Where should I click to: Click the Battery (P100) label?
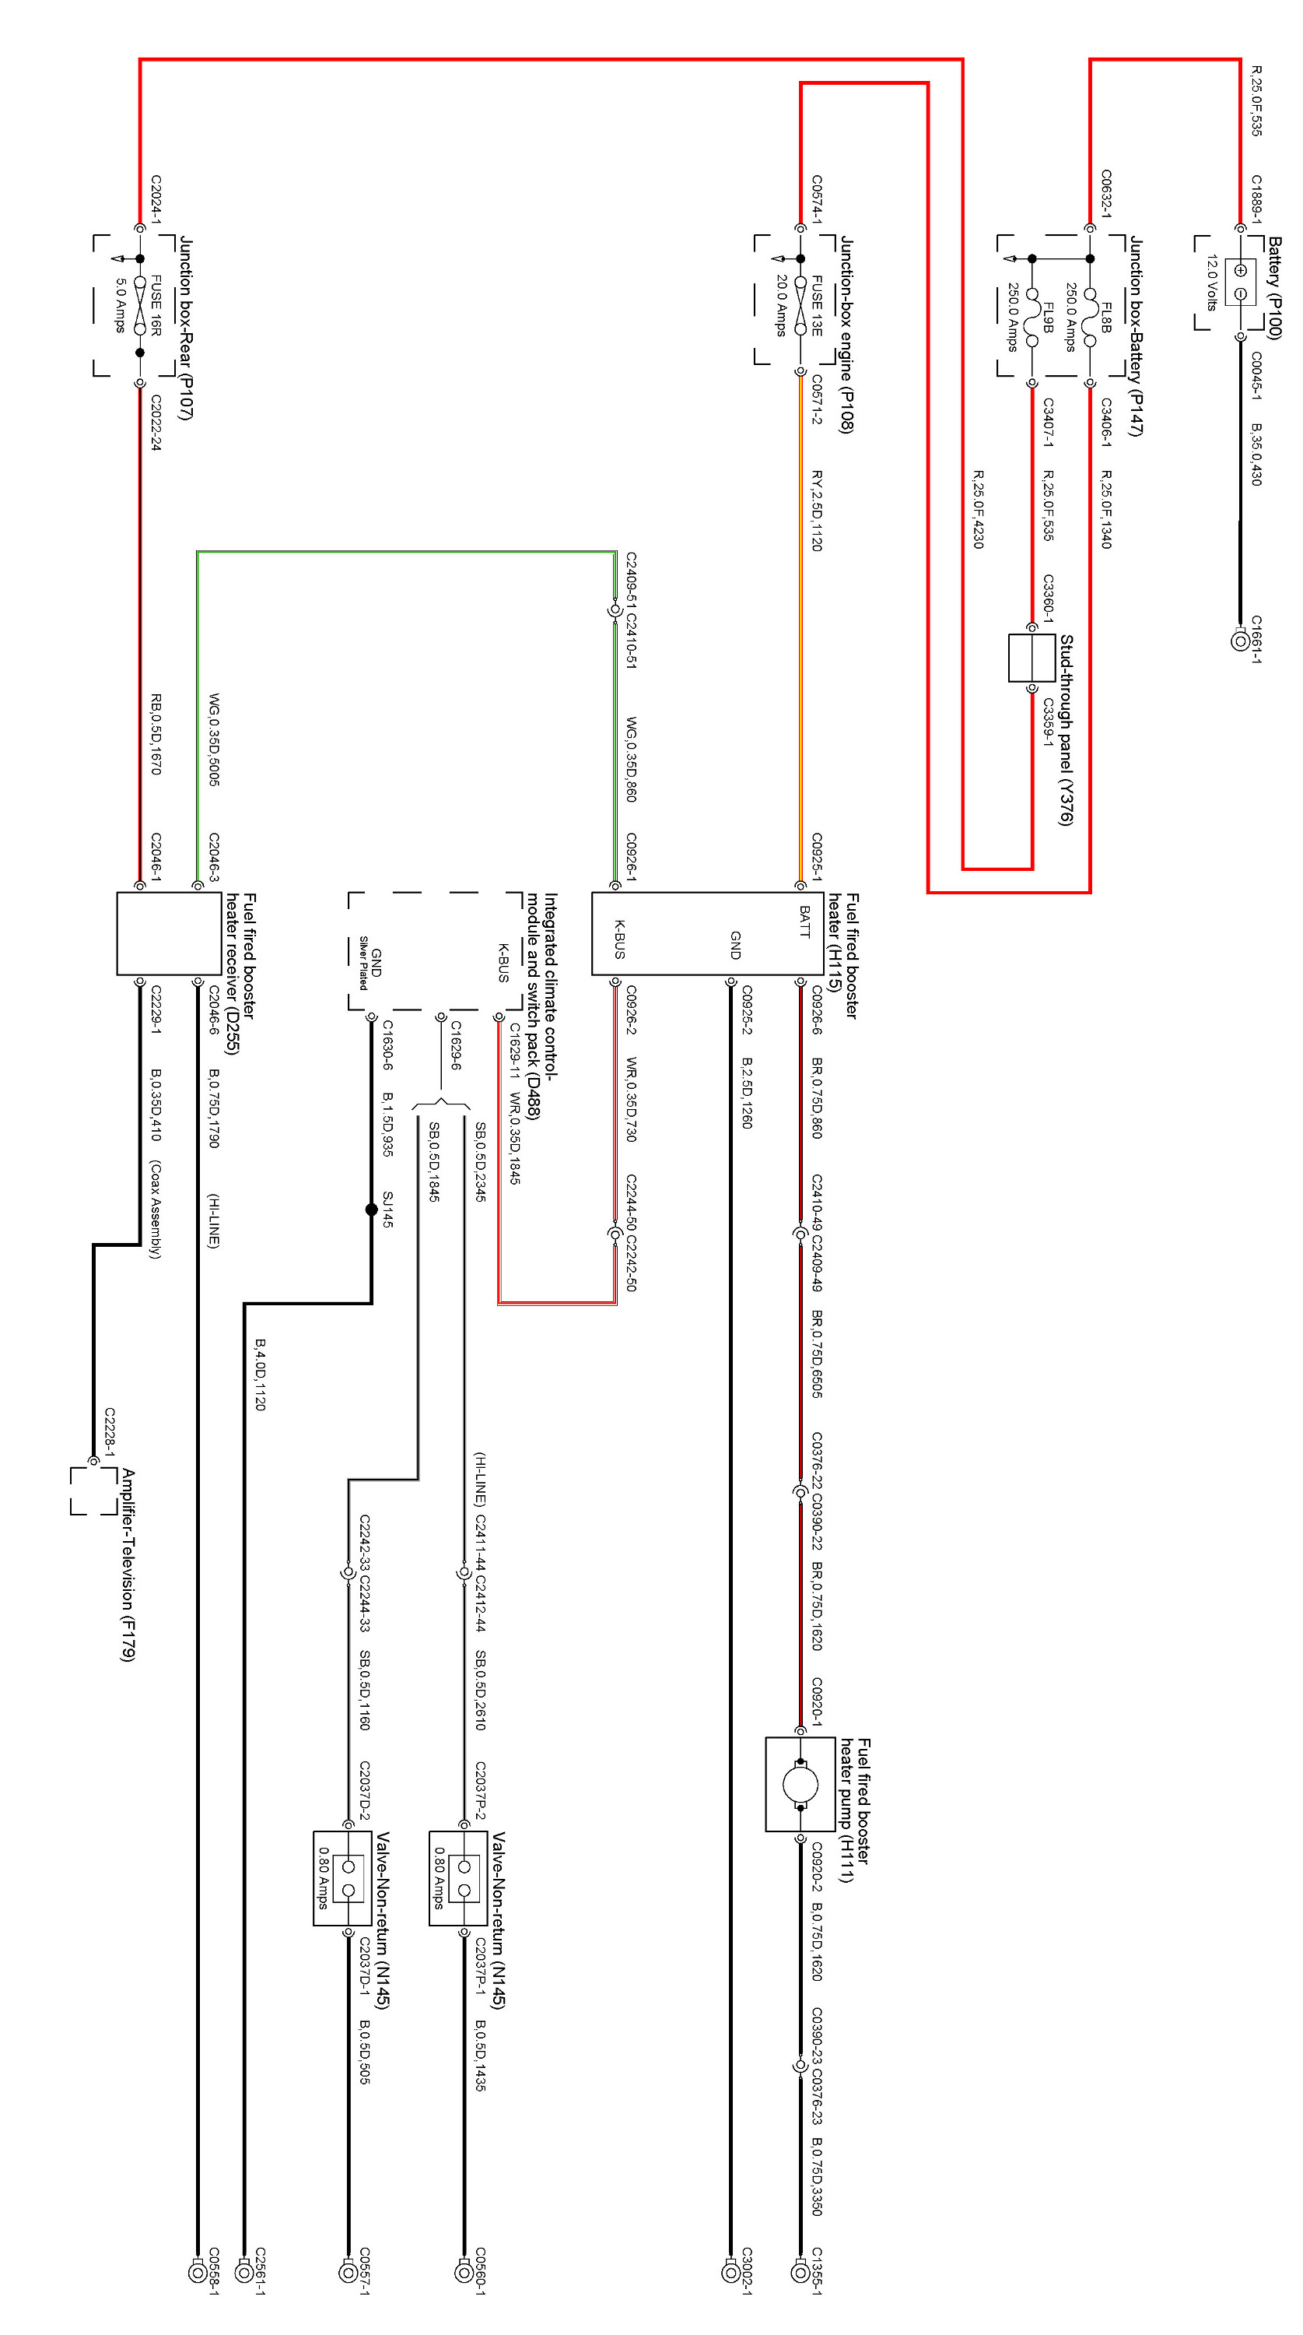pyautogui.click(x=1274, y=287)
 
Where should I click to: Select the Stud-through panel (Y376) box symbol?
pyautogui.click(x=1032, y=657)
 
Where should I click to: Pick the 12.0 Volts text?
pyautogui.click(x=1211, y=282)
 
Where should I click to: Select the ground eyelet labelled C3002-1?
pyautogui.click(x=731, y=2271)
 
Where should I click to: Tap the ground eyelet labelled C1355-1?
pyautogui.click(x=800, y=2271)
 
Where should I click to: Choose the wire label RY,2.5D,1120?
pyautogui.click(x=816, y=511)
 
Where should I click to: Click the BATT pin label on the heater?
pyautogui.click(x=804, y=921)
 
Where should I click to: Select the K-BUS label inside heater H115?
pyautogui.click(x=620, y=939)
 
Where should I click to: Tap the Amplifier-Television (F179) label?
pyautogui.click(x=128, y=1564)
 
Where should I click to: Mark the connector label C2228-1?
pyautogui.click(x=110, y=1432)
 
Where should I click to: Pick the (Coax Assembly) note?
pyautogui.click(x=155, y=1210)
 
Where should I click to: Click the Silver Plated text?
pyautogui.click(x=363, y=962)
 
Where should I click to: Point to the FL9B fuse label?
pyautogui.click(x=1048, y=318)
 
